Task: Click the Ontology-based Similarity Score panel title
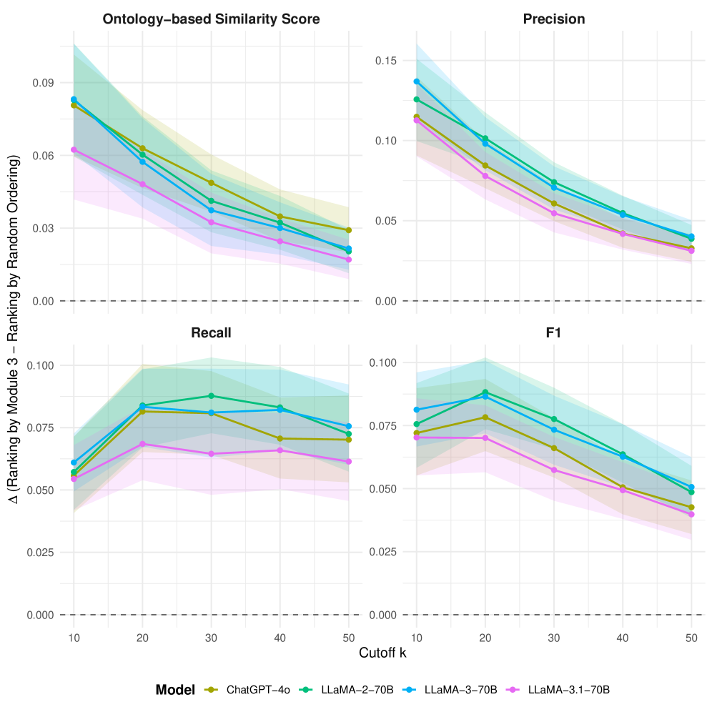211,19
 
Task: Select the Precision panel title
555,19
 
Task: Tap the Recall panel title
211,333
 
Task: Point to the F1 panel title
555,333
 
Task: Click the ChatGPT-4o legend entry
257,690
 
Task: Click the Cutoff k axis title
383,653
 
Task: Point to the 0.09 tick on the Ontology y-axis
44,83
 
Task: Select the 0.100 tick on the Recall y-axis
41,365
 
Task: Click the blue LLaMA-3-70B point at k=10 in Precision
417,81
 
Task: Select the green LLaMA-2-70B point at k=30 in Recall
211,396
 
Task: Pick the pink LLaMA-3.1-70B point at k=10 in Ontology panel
74,149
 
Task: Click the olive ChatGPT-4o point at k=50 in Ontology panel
348,230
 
